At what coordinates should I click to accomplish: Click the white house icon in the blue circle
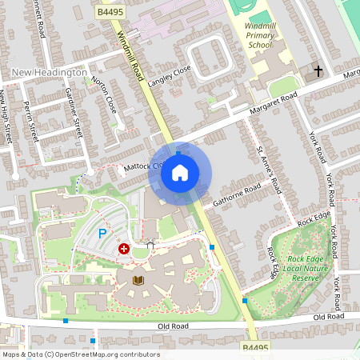[180, 172]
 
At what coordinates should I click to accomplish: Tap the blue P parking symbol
[102, 234]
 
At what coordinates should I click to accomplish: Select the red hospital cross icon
[124, 249]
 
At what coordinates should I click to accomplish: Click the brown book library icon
[138, 280]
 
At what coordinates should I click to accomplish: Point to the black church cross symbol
[318, 71]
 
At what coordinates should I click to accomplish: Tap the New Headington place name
[50, 73]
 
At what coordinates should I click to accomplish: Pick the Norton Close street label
[105, 94]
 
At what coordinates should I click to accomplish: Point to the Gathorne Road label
[238, 194]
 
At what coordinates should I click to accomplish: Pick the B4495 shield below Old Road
[254, 348]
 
